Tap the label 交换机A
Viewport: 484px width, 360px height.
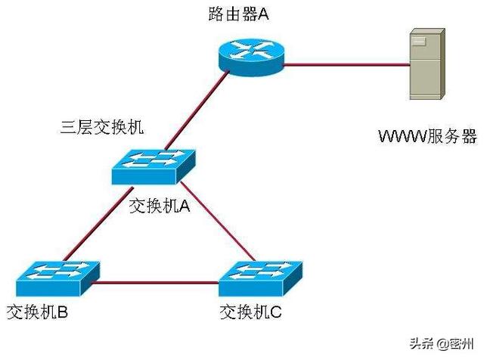pos(159,206)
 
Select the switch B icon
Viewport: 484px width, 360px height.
pos(54,278)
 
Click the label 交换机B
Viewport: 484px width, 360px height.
pos(39,311)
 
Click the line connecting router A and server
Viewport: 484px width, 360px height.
pos(343,65)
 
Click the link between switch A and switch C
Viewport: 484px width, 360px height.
pos(219,228)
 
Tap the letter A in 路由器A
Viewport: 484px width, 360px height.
pos(264,14)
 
